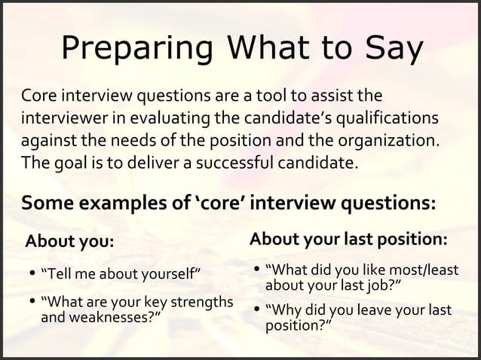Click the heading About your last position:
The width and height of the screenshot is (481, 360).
pyautogui.click(x=349, y=239)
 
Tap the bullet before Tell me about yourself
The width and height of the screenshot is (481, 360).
pyautogui.click(x=31, y=272)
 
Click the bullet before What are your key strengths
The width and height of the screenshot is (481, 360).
pyautogui.click(x=31, y=303)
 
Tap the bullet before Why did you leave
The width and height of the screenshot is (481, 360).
pyautogui.click(x=257, y=310)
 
